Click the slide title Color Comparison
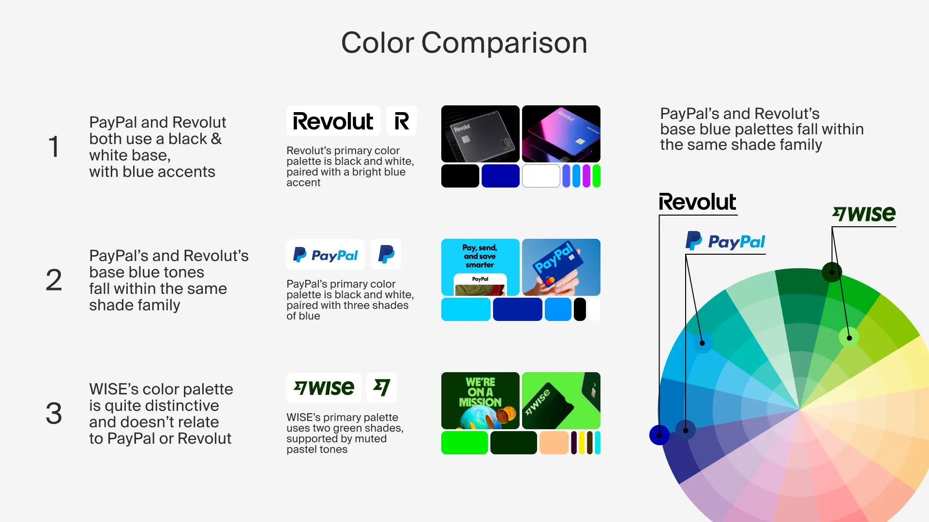[464, 43]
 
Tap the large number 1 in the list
[54, 147]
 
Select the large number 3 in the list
[54, 414]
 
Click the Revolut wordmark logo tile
[333, 121]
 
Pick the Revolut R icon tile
[402, 121]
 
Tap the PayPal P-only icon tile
[386, 254]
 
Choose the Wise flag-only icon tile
[382, 388]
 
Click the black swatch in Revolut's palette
[460, 176]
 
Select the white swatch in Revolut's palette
[541, 176]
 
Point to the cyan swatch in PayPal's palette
[466, 309]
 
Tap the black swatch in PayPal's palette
[580, 309]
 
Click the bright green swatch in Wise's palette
[464, 443]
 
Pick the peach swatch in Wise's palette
[554, 443]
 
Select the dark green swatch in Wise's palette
[513, 443]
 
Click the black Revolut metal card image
[480, 134]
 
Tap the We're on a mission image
[480, 401]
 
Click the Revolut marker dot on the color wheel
[659, 435]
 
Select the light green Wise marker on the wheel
[849, 337]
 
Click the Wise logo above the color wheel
[864, 214]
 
